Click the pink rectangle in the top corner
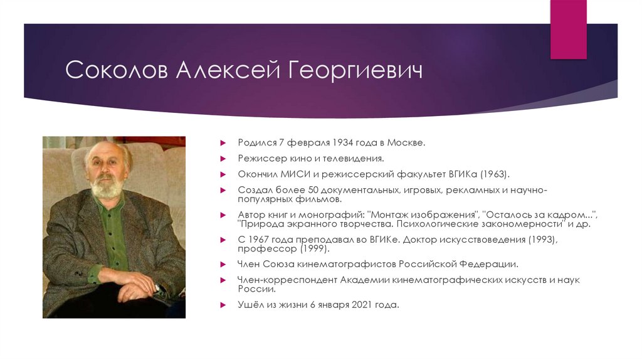[568, 29]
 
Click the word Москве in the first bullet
[409, 143]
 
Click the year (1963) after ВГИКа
[494, 174]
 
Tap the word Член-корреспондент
[287, 280]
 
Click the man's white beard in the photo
[105, 188]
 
